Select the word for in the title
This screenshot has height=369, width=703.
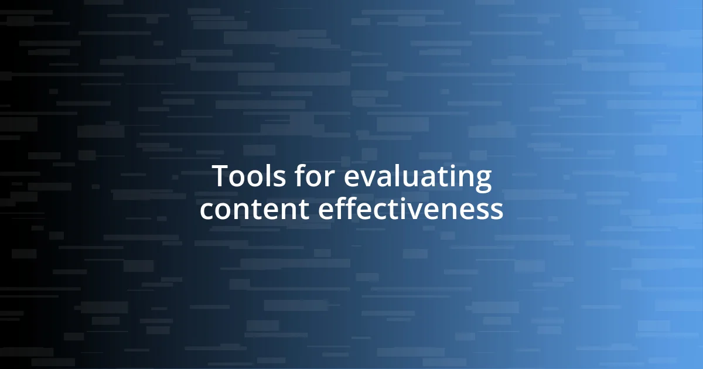tap(310, 177)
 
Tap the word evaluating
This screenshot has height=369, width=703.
tap(417, 178)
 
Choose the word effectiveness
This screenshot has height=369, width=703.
tap(410, 209)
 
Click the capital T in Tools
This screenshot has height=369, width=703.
tap(220, 177)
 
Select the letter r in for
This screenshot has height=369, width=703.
tap(329, 179)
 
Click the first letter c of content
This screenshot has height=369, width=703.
tap(207, 211)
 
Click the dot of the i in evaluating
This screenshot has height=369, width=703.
tap(450, 168)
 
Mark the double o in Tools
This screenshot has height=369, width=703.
tap(243, 179)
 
